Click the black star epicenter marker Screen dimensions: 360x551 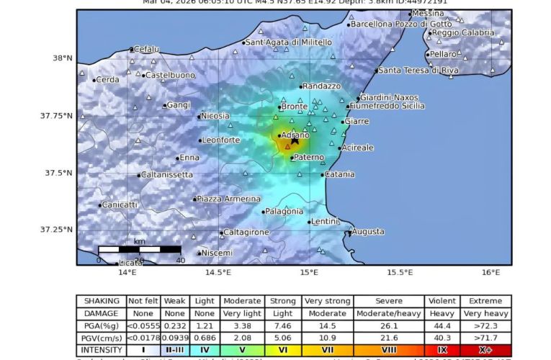[x=295, y=140]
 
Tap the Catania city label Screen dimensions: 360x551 [x=340, y=174]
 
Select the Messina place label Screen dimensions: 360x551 [x=428, y=13]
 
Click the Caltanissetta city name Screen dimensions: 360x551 [x=168, y=174]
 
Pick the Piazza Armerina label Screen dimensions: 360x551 [x=229, y=199]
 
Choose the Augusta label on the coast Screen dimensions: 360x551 [x=368, y=231]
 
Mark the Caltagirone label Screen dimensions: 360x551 [x=246, y=233]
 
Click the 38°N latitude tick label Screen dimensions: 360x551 [x=63, y=58]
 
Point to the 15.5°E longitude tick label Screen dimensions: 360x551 [x=400, y=272]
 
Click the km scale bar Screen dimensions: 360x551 [x=140, y=249]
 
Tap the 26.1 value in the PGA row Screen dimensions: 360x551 [x=399, y=325]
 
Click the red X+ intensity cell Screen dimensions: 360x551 [x=485, y=350]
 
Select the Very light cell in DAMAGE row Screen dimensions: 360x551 [x=241, y=313]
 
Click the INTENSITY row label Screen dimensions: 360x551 [x=102, y=350]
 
